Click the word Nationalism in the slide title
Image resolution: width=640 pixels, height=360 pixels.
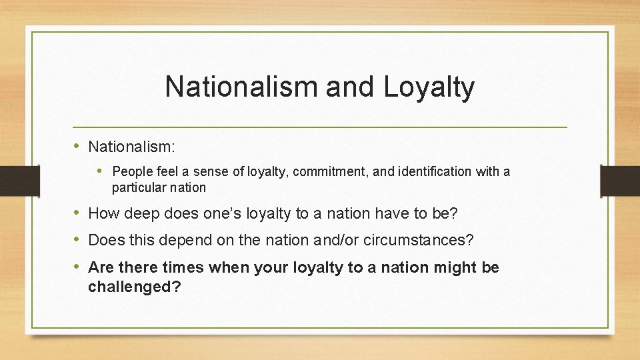click(x=227, y=87)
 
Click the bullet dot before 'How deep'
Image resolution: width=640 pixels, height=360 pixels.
click(x=79, y=213)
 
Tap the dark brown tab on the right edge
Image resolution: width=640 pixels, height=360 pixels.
click(x=620, y=180)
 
